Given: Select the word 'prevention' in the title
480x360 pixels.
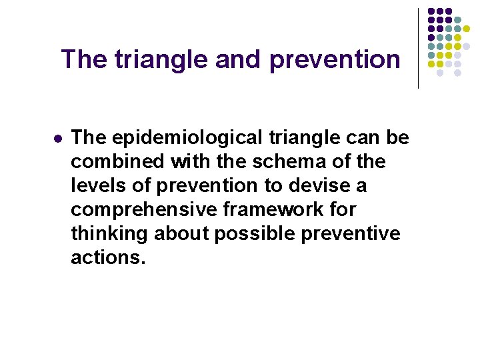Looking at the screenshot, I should point(335,60).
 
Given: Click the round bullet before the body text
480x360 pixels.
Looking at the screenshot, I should point(58,139).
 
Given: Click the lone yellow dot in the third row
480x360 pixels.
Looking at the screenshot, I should point(466,29).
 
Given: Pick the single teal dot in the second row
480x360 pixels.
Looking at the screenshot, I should point(457,20).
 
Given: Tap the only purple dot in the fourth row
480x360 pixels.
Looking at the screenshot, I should point(431,37).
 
